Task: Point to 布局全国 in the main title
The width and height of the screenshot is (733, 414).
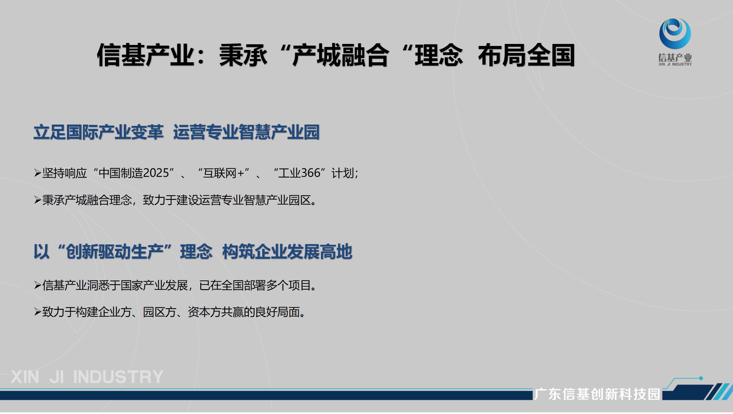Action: tap(526, 55)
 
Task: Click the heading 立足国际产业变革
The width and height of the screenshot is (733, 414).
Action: tap(98, 132)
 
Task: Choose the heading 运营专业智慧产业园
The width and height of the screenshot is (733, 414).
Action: tap(246, 132)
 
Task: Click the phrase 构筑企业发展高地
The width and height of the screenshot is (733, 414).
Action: tap(287, 251)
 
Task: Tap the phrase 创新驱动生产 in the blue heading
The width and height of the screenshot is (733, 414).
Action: tap(115, 251)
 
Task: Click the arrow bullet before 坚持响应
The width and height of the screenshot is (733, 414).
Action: tap(37, 173)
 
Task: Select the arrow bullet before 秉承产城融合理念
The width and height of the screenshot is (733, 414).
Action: tap(37, 200)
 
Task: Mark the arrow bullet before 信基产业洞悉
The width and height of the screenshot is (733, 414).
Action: tap(37, 285)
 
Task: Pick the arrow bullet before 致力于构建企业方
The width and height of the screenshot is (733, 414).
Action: tap(37, 312)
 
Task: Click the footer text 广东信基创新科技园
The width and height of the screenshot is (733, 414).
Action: tap(597, 394)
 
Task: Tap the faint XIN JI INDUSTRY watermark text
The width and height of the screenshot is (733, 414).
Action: tap(87, 377)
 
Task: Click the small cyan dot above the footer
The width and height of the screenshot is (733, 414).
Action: tap(701, 378)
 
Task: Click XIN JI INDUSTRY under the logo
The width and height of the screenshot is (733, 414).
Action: tap(675, 64)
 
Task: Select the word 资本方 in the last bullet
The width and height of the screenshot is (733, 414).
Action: tap(204, 312)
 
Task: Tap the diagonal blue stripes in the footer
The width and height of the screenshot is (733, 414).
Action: tap(719, 392)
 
